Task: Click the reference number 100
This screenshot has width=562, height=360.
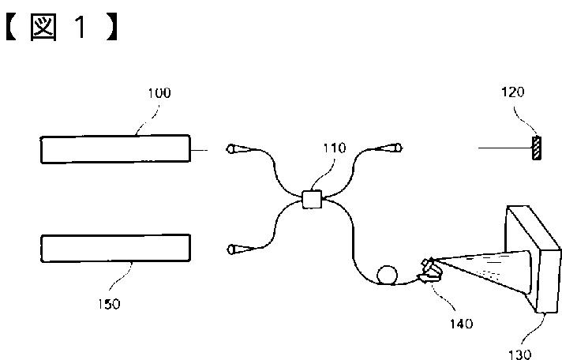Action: click(159, 93)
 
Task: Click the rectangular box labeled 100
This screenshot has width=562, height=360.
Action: click(116, 149)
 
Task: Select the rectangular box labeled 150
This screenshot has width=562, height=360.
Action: click(116, 247)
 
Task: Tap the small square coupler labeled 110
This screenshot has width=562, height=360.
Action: click(312, 200)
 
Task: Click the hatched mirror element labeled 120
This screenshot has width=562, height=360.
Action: click(538, 148)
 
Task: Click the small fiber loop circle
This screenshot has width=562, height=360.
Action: click(387, 275)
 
